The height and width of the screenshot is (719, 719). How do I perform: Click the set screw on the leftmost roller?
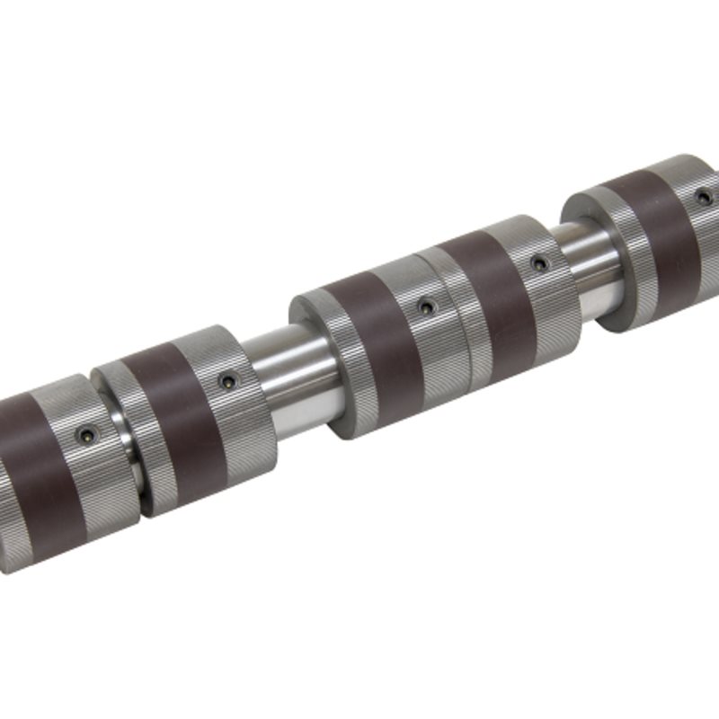pyautogui.click(x=86, y=435)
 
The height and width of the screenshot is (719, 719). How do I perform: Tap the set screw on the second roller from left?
pyautogui.click(x=226, y=382)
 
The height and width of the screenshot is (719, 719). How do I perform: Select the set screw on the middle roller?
pyautogui.click(x=426, y=308)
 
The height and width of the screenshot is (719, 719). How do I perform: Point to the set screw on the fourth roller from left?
pyautogui.click(x=538, y=264)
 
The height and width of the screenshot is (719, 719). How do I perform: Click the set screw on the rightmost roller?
pyautogui.click(x=704, y=196)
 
